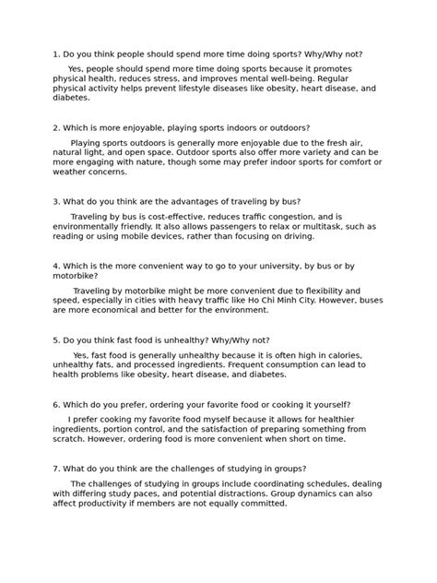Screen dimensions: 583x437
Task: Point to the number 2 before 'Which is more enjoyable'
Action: (x=55, y=127)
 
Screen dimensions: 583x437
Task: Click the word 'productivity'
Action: (x=100, y=504)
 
